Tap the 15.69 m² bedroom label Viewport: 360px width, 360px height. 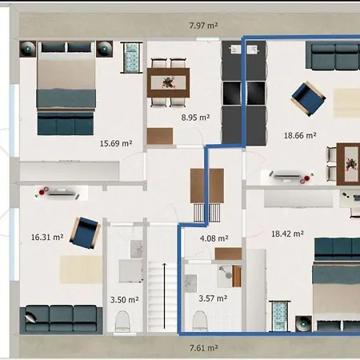tap(115, 144)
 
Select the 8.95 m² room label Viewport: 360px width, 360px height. tap(194, 117)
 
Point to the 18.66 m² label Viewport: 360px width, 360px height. tap(300, 137)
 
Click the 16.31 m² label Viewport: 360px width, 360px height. tap(46, 237)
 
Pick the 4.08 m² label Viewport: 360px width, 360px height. tap(214, 238)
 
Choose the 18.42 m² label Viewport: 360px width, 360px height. tap(287, 234)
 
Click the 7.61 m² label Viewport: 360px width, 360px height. tap(204, 348)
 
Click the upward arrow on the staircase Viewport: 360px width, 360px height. tap(164, 296)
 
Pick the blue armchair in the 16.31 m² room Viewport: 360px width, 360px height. tap(83, 232)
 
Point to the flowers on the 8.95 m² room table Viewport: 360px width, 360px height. tap(168, 81)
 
